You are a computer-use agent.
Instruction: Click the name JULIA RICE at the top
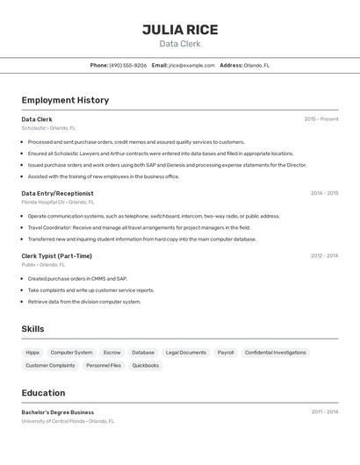point(180,30)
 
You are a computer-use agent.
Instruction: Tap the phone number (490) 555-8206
point(128,65)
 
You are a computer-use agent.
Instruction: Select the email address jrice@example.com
point(191,65)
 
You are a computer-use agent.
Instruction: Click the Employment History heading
point(65,100)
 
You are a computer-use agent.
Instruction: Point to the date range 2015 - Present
point(320,119)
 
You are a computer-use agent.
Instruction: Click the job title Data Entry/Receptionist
point(57,193)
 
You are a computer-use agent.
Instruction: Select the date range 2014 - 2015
point(324,193)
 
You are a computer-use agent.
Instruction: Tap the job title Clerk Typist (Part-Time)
point(56,256)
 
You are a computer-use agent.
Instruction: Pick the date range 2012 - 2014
point(324,256)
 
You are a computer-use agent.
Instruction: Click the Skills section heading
point(32,329)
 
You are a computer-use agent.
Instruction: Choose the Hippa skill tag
point(32,353)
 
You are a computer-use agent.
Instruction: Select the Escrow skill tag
point(112,353)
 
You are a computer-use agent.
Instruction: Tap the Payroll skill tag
point(226,353)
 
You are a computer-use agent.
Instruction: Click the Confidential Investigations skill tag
point(276,353)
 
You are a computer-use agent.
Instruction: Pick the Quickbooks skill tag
point(146,365)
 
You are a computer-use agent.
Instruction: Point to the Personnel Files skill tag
point(104,365)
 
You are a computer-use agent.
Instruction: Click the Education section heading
point(43,393)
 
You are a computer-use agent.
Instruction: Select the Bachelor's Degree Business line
point(57,412)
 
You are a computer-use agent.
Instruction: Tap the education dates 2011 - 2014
point(324,411)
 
